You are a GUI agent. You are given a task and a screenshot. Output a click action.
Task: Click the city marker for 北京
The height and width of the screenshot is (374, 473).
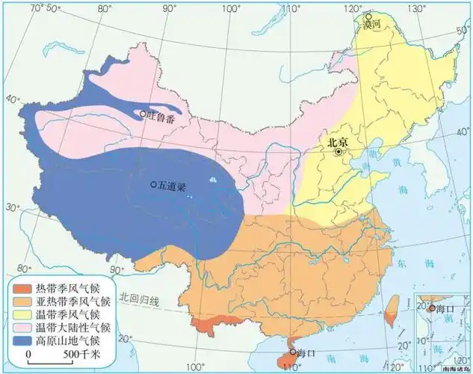338,151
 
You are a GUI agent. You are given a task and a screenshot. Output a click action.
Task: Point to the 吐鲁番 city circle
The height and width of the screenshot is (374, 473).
143,114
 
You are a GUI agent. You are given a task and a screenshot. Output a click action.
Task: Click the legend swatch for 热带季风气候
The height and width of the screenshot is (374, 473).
23,287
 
